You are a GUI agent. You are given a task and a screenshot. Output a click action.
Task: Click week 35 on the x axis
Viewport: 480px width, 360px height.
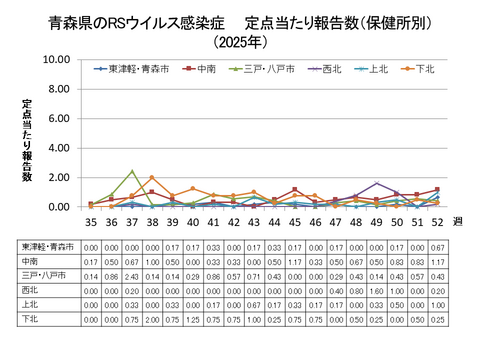[x=90, y=222]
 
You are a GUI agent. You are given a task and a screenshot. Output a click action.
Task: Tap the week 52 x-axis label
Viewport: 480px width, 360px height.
[x=436, y=222]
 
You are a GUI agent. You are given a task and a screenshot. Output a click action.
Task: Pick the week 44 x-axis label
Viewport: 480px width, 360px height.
[x=274, y=222]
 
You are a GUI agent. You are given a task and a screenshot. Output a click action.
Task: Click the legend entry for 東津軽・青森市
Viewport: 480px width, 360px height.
[x=131, y=69]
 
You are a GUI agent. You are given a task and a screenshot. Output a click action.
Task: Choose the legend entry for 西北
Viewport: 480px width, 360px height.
[x=331, y=69]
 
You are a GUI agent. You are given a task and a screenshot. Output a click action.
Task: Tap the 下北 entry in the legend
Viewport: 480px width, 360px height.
[x=424, y=69]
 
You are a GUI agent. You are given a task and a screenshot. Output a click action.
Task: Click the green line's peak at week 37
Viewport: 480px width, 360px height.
[x=132, y=171]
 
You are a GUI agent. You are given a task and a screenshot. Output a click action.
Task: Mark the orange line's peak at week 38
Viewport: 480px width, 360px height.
[x=152, y=178]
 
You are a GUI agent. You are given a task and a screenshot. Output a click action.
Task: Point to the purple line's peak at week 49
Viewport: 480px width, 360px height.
[x=376, y=183]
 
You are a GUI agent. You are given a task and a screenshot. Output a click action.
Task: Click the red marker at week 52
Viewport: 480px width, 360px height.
[x=436, y=189]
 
